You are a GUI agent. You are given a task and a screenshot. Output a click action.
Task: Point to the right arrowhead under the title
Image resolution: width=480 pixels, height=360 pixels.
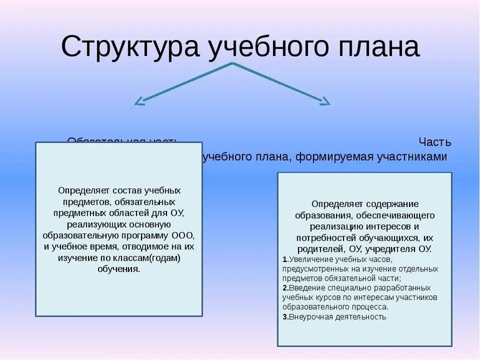pyautogui.click(x=324, y=102)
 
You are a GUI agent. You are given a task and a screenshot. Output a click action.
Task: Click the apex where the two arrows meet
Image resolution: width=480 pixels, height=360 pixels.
pyautogui.click(x=233, y=64)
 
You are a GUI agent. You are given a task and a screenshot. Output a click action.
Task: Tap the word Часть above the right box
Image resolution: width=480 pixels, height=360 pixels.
pyautogui.click(x=434, y=142)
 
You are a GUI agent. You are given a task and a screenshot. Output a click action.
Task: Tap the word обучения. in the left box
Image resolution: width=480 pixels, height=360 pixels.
pyautogui.click(x=118, y=269)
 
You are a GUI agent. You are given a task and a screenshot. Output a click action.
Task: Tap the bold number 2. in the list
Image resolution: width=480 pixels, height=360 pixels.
pyautogui.click(x=284, y=288)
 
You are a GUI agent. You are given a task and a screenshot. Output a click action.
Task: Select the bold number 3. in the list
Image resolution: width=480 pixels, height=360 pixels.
pyautogui.click(x=284, y=317)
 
